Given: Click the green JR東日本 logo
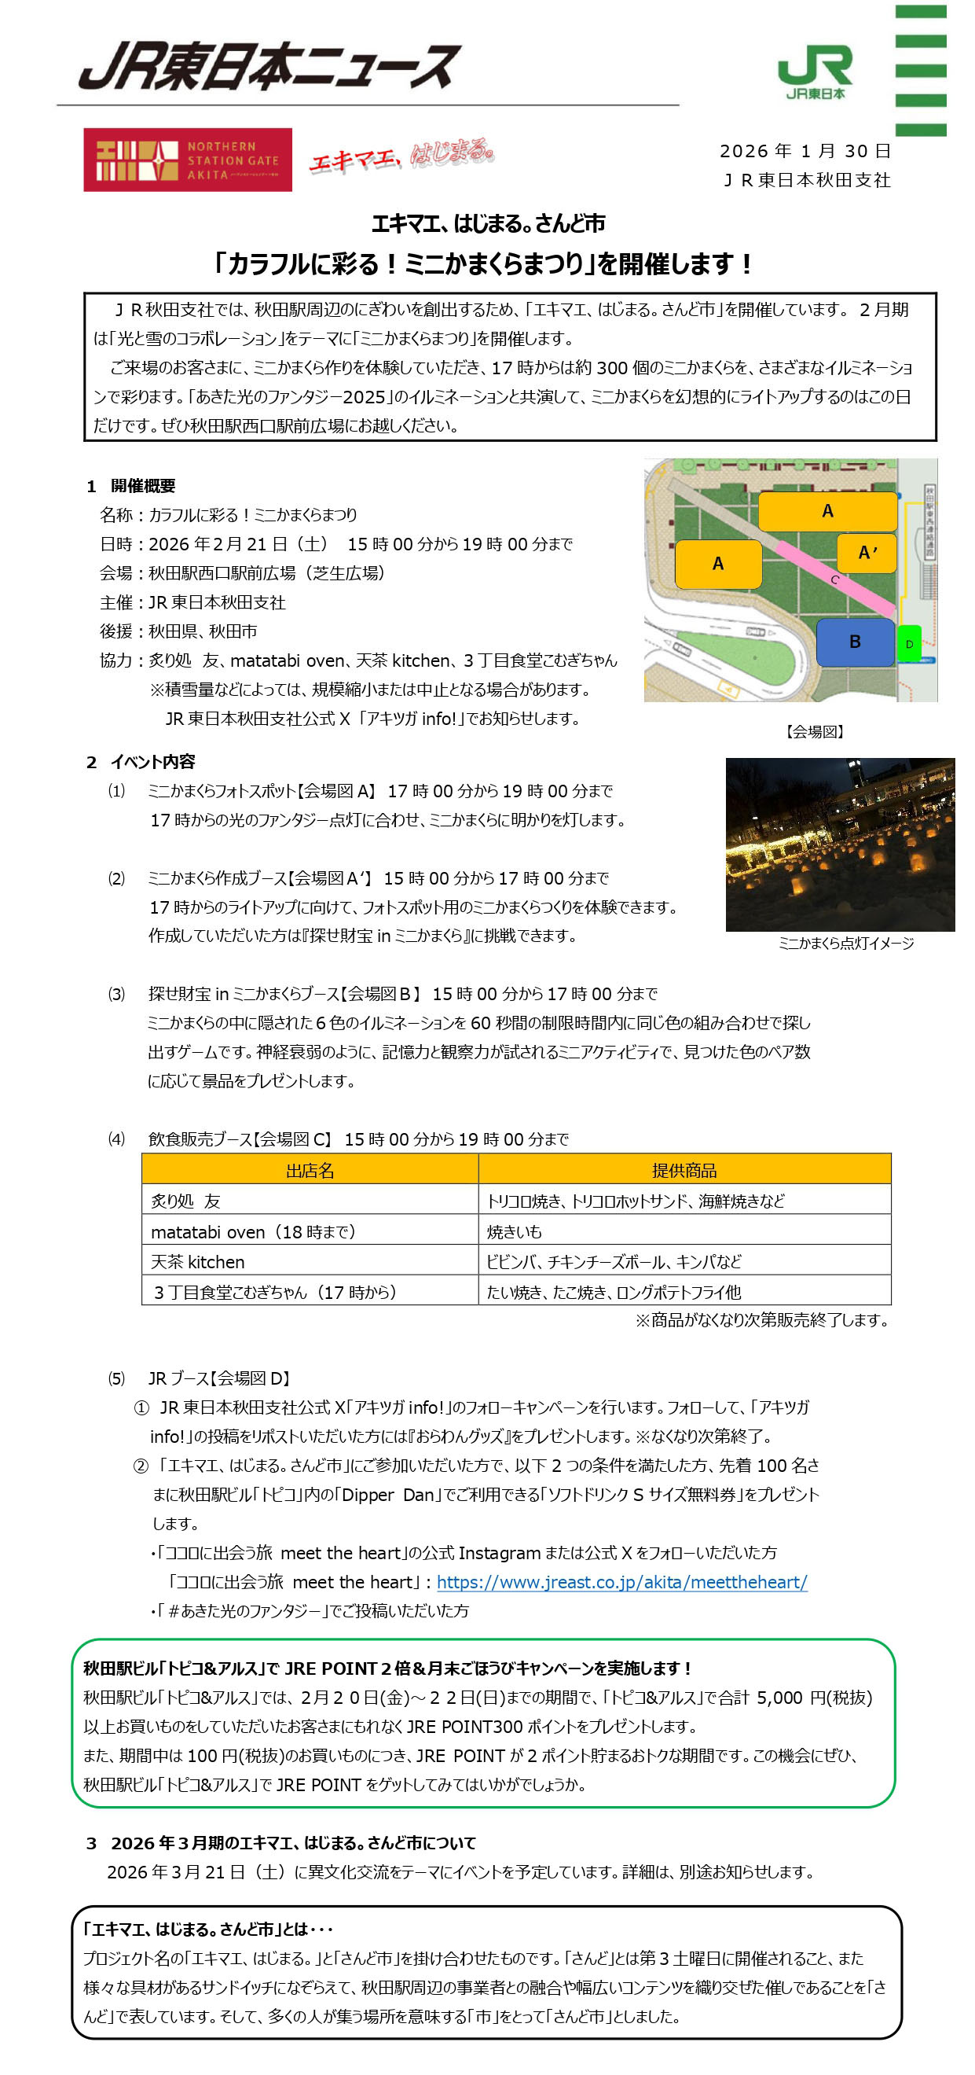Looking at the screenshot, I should pyautogui.click(x=814, y=72).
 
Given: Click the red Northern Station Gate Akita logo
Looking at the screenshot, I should pyautogui.click(x=188, y=160).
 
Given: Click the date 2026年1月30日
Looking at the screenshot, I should pyautogui.click(x=805, y=151).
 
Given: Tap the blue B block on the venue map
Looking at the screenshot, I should pyautogui.click(x=854, y=641).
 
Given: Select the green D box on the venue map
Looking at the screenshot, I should pyautogui.click(x=909, y=644).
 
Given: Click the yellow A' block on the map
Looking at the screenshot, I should pyautogui.click(x=867, y=553).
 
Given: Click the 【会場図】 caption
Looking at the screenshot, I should pyautogui.click(x=814, y=731).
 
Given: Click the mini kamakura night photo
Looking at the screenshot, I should pyautogui.click(x=839, y=844).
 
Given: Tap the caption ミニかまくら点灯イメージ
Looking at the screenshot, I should pyautogui.click(x=845, y=944).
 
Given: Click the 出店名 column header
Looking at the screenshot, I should pyautogui.click(x=310, y=1170).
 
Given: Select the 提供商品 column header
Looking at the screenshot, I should pyautogui.click(x=684, y=1170).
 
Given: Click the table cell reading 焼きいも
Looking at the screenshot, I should pyautogui.click(x=515, y=1231).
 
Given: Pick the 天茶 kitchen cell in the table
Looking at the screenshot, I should pyautogui.click(x=198, y=1261).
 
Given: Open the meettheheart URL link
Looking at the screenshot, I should pyautogui.click(x=621, y=1582).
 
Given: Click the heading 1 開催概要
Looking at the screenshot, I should pyautogui.click(x=131, y=486).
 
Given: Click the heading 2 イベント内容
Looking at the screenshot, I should pyautogui.click(x=141, y=762).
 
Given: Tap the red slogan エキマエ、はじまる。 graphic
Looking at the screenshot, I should pyautogui.click(x=400, y=156).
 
